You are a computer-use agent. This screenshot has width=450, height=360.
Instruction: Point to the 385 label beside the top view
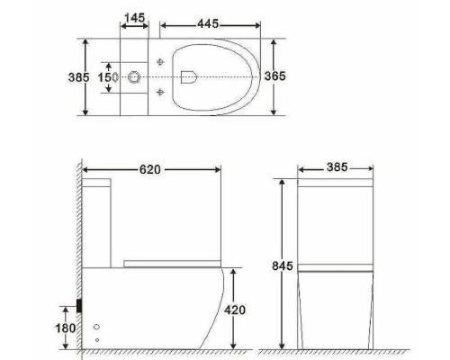pos(78,77)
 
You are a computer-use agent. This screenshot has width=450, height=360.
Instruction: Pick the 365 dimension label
pos(275,77)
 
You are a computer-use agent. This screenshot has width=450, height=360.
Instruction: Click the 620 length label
pos(150,169)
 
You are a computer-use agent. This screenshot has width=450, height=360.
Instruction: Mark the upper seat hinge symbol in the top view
pos(160,62)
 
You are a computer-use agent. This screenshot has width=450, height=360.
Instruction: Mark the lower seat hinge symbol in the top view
pos(160,92)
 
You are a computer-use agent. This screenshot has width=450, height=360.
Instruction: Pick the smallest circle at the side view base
pos(96,343)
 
